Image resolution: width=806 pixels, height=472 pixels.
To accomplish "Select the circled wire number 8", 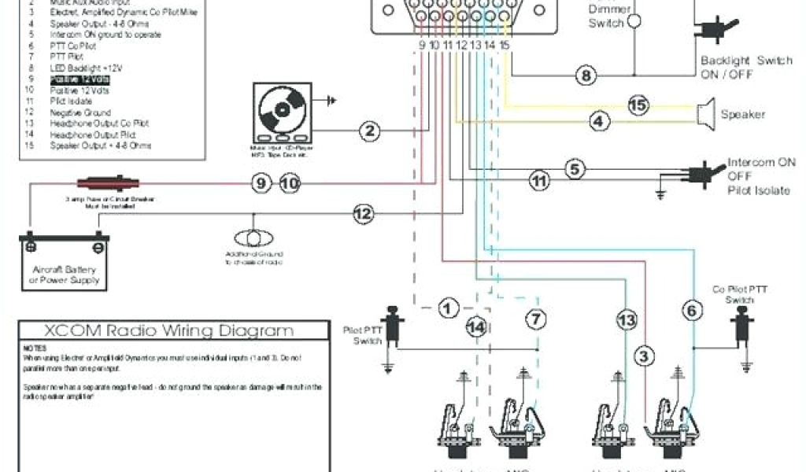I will [x=586, y=76].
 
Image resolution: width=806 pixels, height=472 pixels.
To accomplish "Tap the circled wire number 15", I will [x=638, y=105].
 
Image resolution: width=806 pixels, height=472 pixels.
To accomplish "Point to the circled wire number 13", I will [x=626, y=320].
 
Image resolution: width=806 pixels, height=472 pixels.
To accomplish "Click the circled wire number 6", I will [x=692, y=311].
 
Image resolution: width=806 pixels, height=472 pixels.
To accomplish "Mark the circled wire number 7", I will [x=535, y=319].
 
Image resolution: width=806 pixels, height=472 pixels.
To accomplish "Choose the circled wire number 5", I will [x=575, y=168].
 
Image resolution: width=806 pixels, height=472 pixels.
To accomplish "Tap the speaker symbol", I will [x=705, y=113].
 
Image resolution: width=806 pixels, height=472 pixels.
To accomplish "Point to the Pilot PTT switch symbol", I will [x=394, y=324].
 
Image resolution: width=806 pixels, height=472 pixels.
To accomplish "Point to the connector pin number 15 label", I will [x=505, y=46].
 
